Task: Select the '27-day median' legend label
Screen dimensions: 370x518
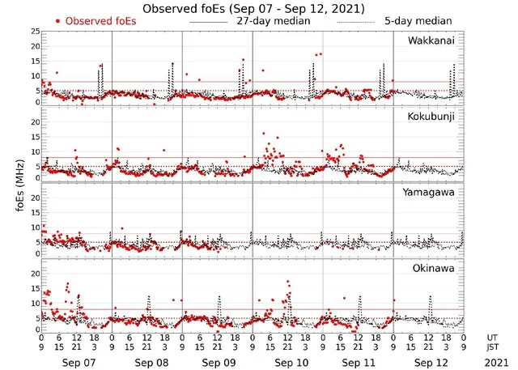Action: click(274, 21)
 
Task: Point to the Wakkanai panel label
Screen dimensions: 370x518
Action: click(432, 39)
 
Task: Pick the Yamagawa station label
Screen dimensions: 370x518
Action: click(431, 192)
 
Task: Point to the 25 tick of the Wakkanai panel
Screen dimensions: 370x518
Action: click(34, 32)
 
